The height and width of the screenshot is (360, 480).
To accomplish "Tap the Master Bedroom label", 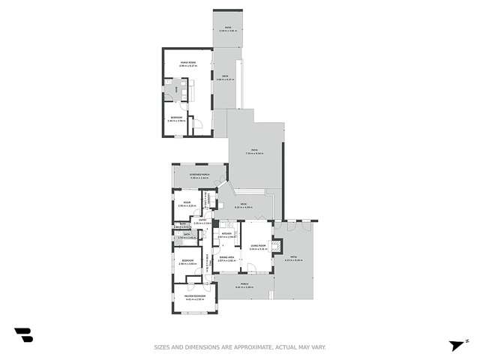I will point(184,298).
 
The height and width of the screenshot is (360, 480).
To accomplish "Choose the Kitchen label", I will point(226,234).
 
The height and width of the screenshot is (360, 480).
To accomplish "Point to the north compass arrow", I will point(454,344).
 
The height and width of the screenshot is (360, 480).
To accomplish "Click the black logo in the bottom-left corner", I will point(23,335).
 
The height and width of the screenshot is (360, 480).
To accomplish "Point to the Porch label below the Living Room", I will point(244,285).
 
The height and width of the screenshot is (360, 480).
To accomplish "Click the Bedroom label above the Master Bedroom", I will point(187,261).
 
